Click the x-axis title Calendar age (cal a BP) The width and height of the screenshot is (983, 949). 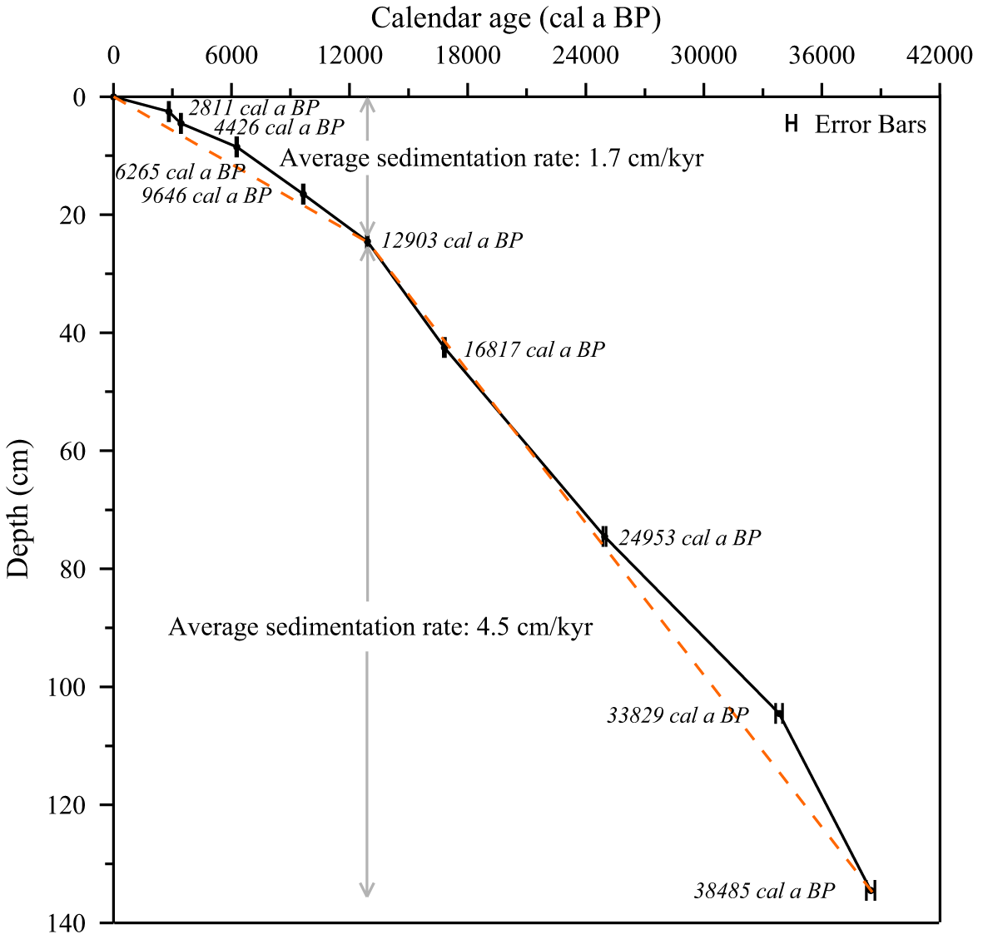pos(516,18)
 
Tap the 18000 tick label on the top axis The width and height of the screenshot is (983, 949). pos(467,55)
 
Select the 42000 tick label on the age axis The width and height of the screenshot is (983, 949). pos(939,55)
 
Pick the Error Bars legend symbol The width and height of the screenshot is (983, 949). pos(792,124)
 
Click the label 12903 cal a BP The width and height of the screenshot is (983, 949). pos(452,241)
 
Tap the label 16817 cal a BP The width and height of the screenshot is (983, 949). pos(534,349)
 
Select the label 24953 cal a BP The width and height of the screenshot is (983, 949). pos(689,538)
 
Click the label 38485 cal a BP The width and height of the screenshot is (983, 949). pos(763,891)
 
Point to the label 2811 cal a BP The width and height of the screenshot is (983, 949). pos(253,108)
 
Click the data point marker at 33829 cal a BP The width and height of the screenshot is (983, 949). pos(779,713)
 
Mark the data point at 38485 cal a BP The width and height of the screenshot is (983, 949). pos(871,890)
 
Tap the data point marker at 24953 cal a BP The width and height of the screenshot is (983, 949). pos(604,536)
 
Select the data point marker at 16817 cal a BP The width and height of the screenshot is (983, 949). pos(444,348)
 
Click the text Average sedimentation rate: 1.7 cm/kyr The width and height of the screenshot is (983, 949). pos(492,158)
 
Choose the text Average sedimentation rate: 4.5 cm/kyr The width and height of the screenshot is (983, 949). pos(380,626)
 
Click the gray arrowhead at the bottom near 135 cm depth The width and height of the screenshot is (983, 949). pos(366,890)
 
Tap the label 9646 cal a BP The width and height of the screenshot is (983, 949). pos(206,195)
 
